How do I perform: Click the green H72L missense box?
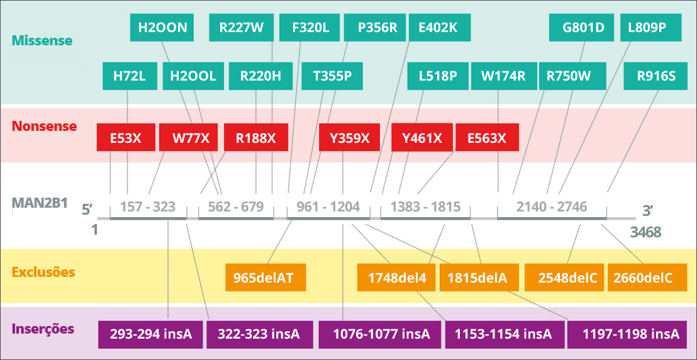coord(130,76)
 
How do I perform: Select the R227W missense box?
coord(242,28)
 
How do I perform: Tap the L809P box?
coord(651,28)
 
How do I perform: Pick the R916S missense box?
coord(656,76)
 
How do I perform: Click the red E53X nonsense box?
coord(126,137)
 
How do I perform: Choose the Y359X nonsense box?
coord(349,137)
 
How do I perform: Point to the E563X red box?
coord(487,137)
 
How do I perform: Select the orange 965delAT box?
coord(266,278)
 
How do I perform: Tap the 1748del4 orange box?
coord(396,278)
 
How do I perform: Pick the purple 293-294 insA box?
coord(151,334)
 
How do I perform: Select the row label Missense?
coord(42,41)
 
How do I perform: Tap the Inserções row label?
coord(43,330)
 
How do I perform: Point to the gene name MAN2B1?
coord(40,203)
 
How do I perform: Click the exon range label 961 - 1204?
coord(328,207)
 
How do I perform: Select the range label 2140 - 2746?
coord(552,207)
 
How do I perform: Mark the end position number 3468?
coord(645,232)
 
